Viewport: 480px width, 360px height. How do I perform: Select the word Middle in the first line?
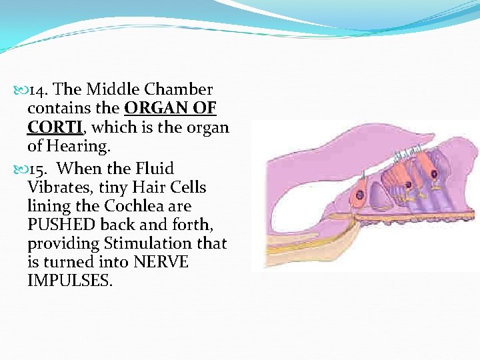[109, 89]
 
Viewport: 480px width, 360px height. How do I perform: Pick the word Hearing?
[77, 145]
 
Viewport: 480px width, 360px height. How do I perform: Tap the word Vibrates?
[59, 187]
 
